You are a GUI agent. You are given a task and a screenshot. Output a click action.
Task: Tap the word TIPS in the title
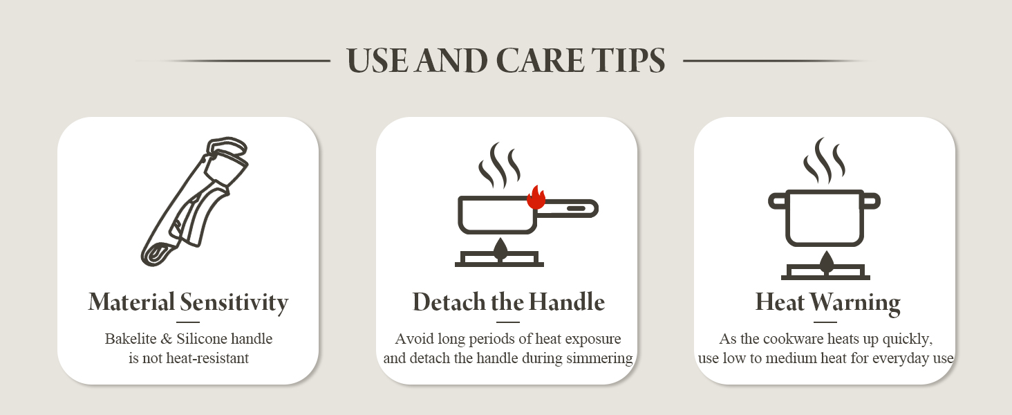(628, 60)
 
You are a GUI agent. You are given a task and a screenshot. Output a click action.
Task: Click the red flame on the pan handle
(536, 198)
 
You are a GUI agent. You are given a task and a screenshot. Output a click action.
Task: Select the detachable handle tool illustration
(195, 202)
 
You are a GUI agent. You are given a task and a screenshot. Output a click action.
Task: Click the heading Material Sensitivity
(189, 302)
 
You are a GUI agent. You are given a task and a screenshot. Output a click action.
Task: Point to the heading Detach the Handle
(508, 302)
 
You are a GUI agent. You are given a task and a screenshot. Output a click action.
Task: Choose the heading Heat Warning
(827, 302)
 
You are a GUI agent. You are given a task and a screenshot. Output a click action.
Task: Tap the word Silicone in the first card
(201, 339)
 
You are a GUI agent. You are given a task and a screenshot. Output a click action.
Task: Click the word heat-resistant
(207, 358)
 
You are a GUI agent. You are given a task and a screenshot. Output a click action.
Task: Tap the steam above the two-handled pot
(823, 161)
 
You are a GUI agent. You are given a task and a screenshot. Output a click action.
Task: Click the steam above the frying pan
(499, 166)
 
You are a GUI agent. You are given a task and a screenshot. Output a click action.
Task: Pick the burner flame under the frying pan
(500, 249)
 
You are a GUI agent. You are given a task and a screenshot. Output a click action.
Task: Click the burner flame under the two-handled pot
(826, 262)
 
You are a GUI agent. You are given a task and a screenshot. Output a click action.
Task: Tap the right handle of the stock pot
(872, 201)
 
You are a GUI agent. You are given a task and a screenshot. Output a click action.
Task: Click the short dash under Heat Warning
(825, 322)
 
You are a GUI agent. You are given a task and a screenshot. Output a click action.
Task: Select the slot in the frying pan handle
(576, 208)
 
